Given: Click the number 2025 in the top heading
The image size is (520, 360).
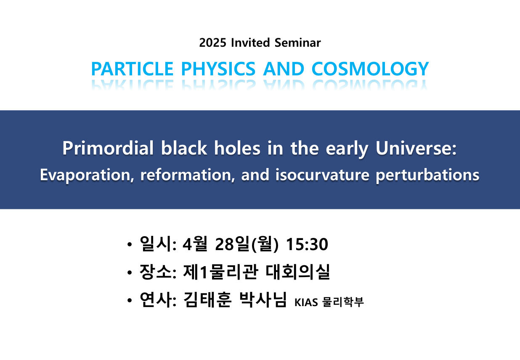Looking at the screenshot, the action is click(212, 43).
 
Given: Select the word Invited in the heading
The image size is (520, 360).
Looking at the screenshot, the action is click(250, 43).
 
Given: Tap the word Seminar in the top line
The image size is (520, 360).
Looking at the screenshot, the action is click(297, 43).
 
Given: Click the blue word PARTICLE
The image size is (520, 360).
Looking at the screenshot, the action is click(133, 69).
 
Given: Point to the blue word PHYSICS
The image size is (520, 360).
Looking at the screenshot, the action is click(218, 69).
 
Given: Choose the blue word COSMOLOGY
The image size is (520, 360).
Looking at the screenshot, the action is click(370, 69).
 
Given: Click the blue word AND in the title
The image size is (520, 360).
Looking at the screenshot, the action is click(284, 69).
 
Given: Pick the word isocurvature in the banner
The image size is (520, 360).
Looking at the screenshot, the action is click(322, 174).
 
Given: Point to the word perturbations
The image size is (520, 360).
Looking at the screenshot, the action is click(427, 175).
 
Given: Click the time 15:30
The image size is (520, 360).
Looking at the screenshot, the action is click(307, 244).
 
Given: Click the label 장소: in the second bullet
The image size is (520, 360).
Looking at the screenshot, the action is click(158, 272).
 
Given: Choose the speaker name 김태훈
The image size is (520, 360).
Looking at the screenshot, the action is click(207, 299).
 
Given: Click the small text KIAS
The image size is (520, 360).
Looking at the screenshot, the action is click(306, 302).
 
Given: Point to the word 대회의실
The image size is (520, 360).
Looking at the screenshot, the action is click(297, 272).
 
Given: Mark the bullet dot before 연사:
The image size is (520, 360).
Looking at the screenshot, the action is click(130, 300).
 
